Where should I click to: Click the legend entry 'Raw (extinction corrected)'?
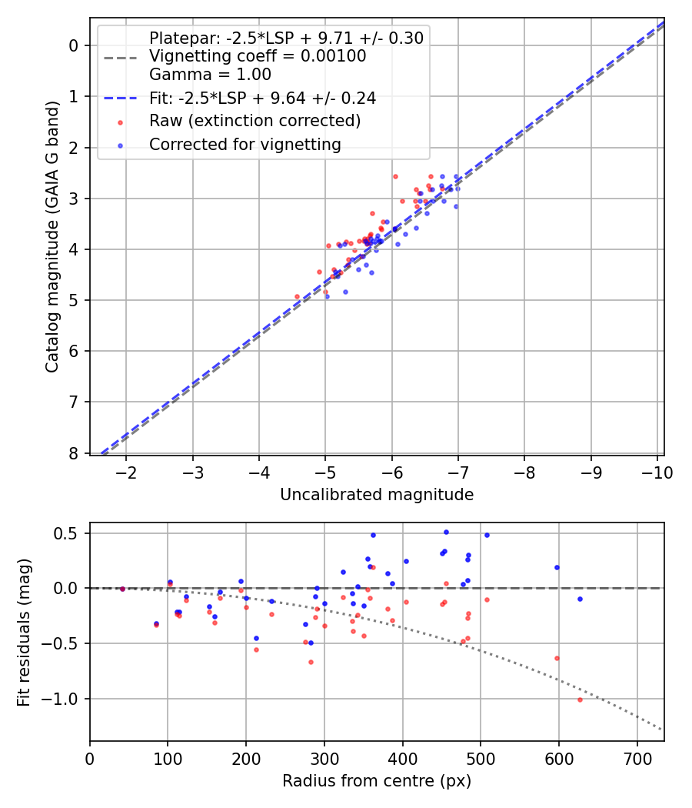[x=255, y=121]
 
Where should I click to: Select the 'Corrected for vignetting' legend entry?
[x=245, y=144]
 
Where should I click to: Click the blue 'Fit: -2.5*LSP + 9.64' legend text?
[x=262, y=98]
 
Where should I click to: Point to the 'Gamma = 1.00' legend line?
[x=210, y=75]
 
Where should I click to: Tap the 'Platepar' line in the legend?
[x=286, y=38]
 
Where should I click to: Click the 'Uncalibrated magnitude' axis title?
[x=377, y=495]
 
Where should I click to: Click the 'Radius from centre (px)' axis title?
[x=377, y=781]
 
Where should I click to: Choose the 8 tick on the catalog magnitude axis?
[x=74, y=453]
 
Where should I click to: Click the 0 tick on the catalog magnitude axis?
[x=74, y=45]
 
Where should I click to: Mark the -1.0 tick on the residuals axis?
[x=65, y=699]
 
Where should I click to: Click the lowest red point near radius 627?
[x=580, y=699]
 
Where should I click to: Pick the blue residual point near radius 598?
[x=557, y=567]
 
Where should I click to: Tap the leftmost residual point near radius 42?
[x=122, y=589]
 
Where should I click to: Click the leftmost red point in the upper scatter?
[x=298, y=296]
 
